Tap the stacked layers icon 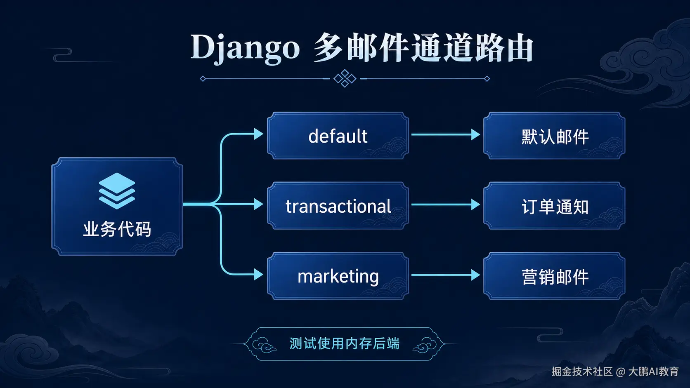[x=117, y=191]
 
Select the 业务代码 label [x=117, y=229]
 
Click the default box [x=338, y=135]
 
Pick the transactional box [x=338, y=205]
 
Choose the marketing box [x=338, y=276]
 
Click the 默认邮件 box [x=554, y=135]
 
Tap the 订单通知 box [x=554, y=205]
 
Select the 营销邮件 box [x=554, y=276]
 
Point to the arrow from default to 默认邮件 [x=446, y=134]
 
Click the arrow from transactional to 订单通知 [x=446, y=204]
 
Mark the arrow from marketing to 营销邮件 [x=446, y=275]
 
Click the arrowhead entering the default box [x=259, y=134]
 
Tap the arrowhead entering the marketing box [x=259, y=274]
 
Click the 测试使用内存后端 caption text [x=345, y=343]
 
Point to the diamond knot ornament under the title [x=345, y=78]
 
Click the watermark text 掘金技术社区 [x=582, y=372]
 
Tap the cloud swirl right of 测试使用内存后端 [x=425, y=345]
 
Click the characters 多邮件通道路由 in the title [x=423, y=48]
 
